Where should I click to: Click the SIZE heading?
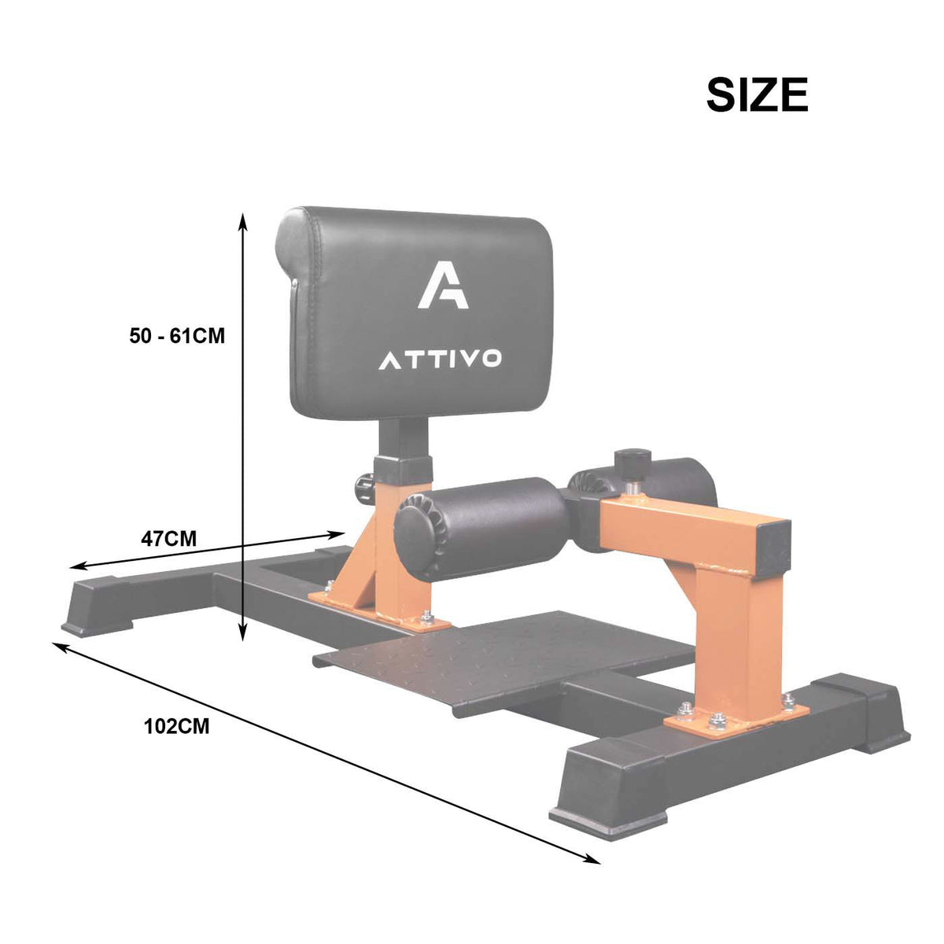click(x=757, y=94)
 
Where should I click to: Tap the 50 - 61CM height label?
click(x=177, y=336)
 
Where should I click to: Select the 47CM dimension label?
click(x=169, y=539)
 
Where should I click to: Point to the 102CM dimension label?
click(x=177, y=726)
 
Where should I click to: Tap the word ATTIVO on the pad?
click(x=440, y=360)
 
